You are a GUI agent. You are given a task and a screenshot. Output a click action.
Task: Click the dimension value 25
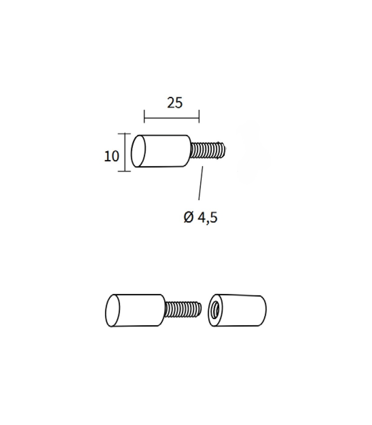[x=175, y=103]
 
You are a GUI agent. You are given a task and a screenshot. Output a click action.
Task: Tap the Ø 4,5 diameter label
[x=201, y=218]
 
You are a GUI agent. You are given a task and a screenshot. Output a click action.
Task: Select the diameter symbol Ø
[x=189, y=218]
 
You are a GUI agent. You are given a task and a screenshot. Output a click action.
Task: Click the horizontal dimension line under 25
[x=172, y=118]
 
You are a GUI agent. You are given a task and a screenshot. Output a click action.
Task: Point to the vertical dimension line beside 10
[x=125, y=152]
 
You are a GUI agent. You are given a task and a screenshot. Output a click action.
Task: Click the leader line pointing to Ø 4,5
[x=201, y=183]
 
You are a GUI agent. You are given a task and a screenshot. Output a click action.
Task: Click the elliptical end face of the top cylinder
[x=138, y=151]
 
